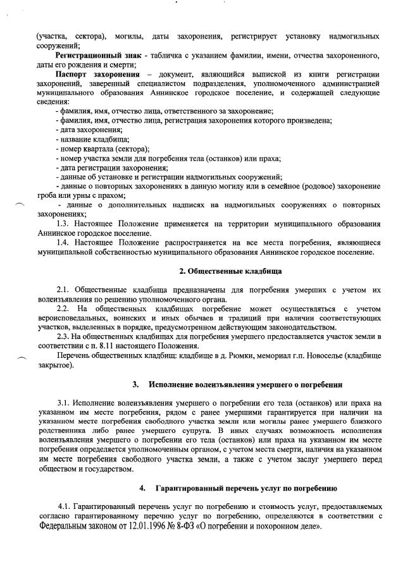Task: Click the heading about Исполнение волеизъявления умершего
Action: coord(246,384)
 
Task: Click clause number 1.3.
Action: coord(62,224)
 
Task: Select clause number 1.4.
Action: coord(62,242)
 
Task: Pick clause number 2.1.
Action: coord(62,289)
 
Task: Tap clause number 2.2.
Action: coord(62,308)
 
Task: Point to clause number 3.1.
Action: coord(62,403)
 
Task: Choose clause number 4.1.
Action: coord(62,507)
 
